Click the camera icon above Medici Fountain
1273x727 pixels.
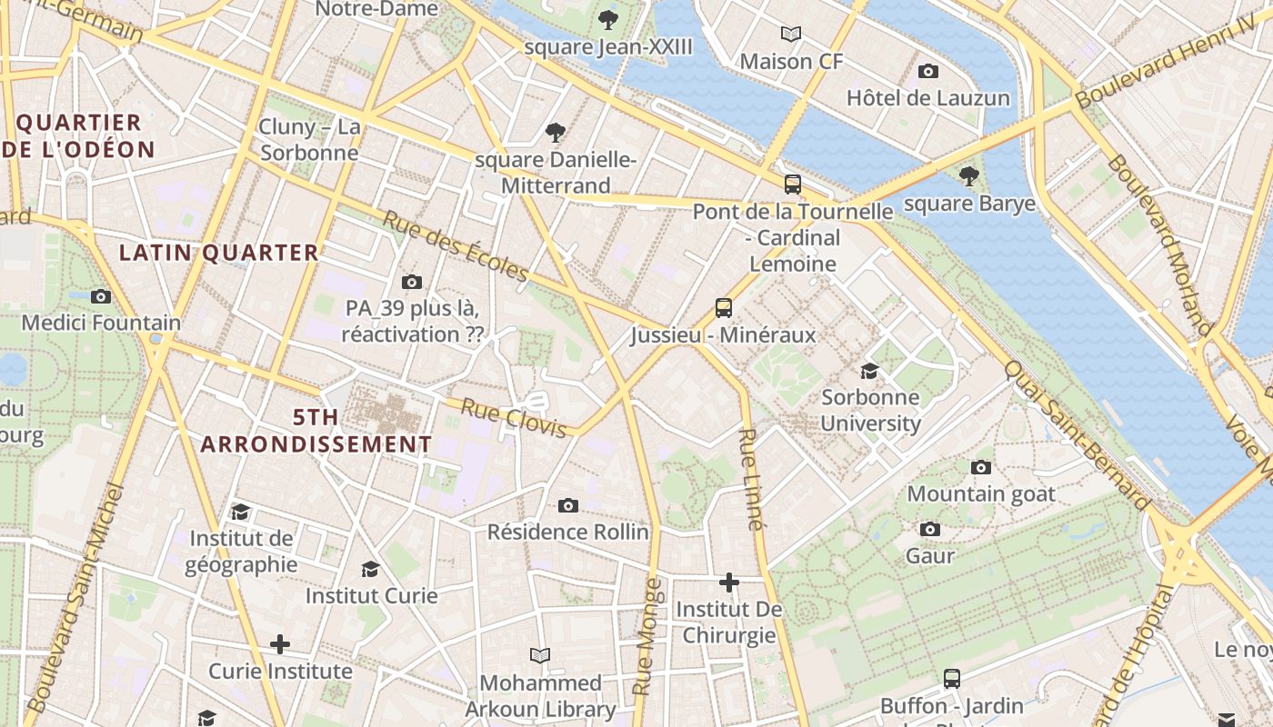(101, 296)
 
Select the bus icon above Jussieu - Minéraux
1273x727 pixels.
(724, 308)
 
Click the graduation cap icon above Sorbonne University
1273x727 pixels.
(870, 371)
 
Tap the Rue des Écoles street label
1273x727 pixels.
(455, 246)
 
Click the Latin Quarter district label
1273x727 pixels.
(219, 253)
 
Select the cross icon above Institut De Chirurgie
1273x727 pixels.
(729, 582)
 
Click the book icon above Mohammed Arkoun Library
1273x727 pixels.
(540, 655)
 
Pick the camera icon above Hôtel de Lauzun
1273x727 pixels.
(928, 71)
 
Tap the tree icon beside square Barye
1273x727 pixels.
(969, 175)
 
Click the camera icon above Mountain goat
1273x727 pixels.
(980, 467)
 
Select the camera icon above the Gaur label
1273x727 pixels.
(929, 529)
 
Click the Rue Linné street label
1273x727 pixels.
(749, 479)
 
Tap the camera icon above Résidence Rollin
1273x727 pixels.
(568, 505)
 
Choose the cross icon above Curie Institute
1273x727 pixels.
(280, 644)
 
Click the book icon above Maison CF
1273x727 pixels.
(791, 35)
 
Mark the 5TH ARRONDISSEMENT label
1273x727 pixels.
(316, 431)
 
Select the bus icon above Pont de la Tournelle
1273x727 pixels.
(793, 184)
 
